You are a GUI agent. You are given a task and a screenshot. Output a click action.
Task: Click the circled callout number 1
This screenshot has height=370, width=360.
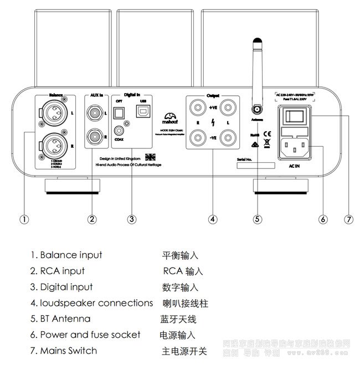point(24,219)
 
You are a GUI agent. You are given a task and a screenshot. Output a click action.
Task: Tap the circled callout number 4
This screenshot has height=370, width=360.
point(213,219)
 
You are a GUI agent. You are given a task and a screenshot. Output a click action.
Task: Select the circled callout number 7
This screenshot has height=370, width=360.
point(348,219)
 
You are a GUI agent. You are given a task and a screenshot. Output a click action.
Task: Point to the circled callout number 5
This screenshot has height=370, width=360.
point(257,219)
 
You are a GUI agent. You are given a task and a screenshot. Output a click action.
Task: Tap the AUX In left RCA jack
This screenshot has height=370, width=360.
point(95,114)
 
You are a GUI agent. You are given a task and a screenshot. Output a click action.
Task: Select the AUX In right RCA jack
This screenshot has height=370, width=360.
point(95,135)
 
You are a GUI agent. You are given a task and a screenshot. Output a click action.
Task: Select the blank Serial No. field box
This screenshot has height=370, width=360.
point(252,166)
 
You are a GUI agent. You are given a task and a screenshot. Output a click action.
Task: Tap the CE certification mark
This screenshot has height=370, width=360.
point(266,134)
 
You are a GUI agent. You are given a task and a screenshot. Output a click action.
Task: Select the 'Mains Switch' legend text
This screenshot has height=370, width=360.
point(68,351)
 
